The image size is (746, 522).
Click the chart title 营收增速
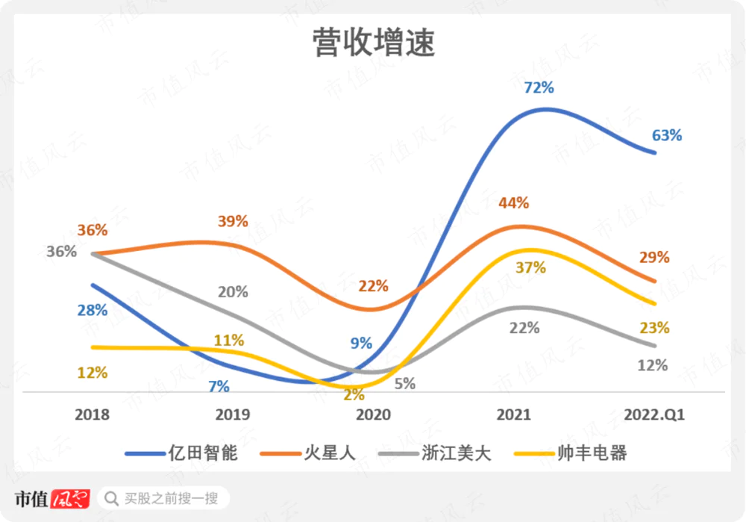(x=373, y=44)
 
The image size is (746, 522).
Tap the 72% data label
(x=539, y=87)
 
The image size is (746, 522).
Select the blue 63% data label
(x=667, y=135)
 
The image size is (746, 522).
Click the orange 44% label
(x=514, y=202)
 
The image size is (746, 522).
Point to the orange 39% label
(x=233, y=222)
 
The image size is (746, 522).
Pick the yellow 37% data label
(x=531, y=267)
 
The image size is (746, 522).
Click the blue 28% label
(x=93, y=310)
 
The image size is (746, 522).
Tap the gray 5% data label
(x=405, y=384)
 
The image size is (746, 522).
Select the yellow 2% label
(x=354, y=395)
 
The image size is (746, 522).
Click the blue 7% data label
(x=219, y=386)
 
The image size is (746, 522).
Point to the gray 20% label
(x=233, y=292)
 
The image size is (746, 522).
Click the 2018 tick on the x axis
(x=93, y=415)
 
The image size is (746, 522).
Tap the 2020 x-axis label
(x=374, y=415)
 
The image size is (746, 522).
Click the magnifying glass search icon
(x=112, y=498)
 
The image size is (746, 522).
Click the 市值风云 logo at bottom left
(x=52, y=498)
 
